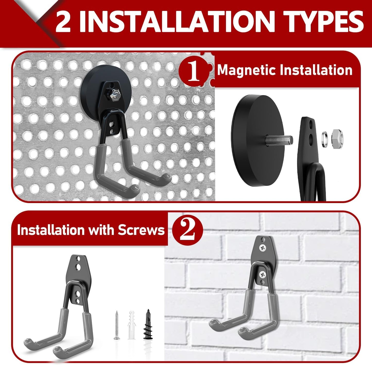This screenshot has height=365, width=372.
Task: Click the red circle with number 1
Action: pos(194,71)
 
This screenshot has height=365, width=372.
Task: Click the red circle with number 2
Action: pos(188,230)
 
